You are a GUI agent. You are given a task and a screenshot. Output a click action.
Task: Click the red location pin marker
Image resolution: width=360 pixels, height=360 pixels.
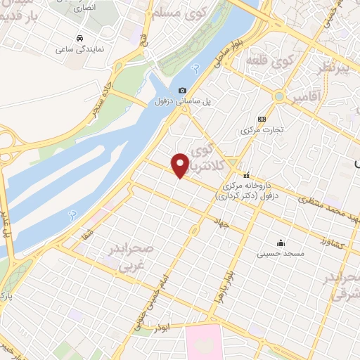point(180,165)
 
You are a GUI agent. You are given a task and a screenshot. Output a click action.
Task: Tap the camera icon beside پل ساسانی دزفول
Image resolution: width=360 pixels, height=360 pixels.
point(183,91)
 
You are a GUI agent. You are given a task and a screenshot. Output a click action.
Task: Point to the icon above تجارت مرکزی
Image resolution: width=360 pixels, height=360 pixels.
point(262,119)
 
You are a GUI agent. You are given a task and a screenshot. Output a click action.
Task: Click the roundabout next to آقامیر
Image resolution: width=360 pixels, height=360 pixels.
point(279,96)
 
